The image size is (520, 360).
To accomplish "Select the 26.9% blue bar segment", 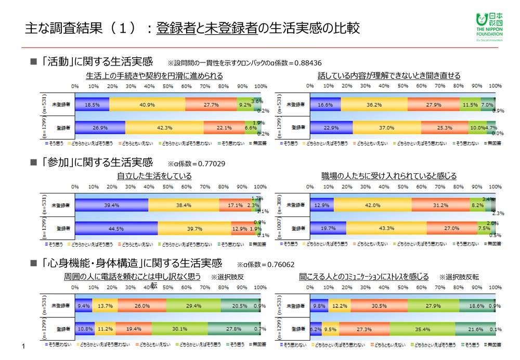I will coord(100,126).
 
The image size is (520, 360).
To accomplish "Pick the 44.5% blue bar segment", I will coord(116,228).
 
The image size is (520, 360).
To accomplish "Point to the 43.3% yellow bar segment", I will coord(386,228).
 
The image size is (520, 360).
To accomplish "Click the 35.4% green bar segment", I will coord(422,329).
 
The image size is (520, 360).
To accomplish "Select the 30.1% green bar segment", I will coord(179,329).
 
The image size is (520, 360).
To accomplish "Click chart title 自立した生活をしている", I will coord(155,176).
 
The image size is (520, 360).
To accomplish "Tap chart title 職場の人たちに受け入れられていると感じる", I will coord(389,176).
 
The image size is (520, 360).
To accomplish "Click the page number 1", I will coord(24,346).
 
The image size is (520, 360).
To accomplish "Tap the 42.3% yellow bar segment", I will coord(164,126).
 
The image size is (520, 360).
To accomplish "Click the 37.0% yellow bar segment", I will coord(387,126).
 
